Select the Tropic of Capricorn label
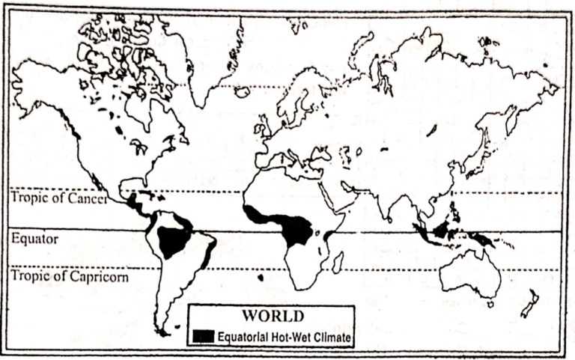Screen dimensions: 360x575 coord(70,276)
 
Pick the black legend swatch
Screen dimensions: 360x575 coord(203,336)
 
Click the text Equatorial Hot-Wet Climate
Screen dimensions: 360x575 coord(285,337)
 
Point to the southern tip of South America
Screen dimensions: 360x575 coord(160,329)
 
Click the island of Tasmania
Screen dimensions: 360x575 coord(490,304)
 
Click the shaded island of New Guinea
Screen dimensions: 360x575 coord(486,240)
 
